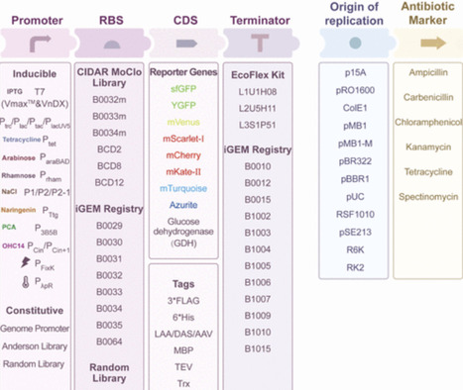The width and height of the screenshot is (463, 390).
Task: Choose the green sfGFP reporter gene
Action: pyautogui.click(x=184, y=89)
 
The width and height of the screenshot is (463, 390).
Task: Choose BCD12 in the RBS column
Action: pyautogui.click(x=108, y=182)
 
